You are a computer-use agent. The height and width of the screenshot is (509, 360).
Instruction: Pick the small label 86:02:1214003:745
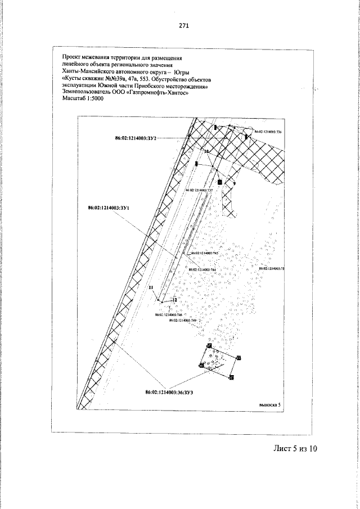[x=205, y=254]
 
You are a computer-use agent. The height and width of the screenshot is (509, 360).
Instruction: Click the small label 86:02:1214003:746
[x=168, y=315]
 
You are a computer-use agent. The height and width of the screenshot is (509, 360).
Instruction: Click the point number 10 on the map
[x=206, y=152]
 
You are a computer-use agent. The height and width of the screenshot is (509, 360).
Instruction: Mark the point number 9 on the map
[x=234, y=184]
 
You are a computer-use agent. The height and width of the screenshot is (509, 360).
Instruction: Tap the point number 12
[x=174, y=301]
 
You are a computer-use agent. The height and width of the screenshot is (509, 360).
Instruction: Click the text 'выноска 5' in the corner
[x=267, y=404]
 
